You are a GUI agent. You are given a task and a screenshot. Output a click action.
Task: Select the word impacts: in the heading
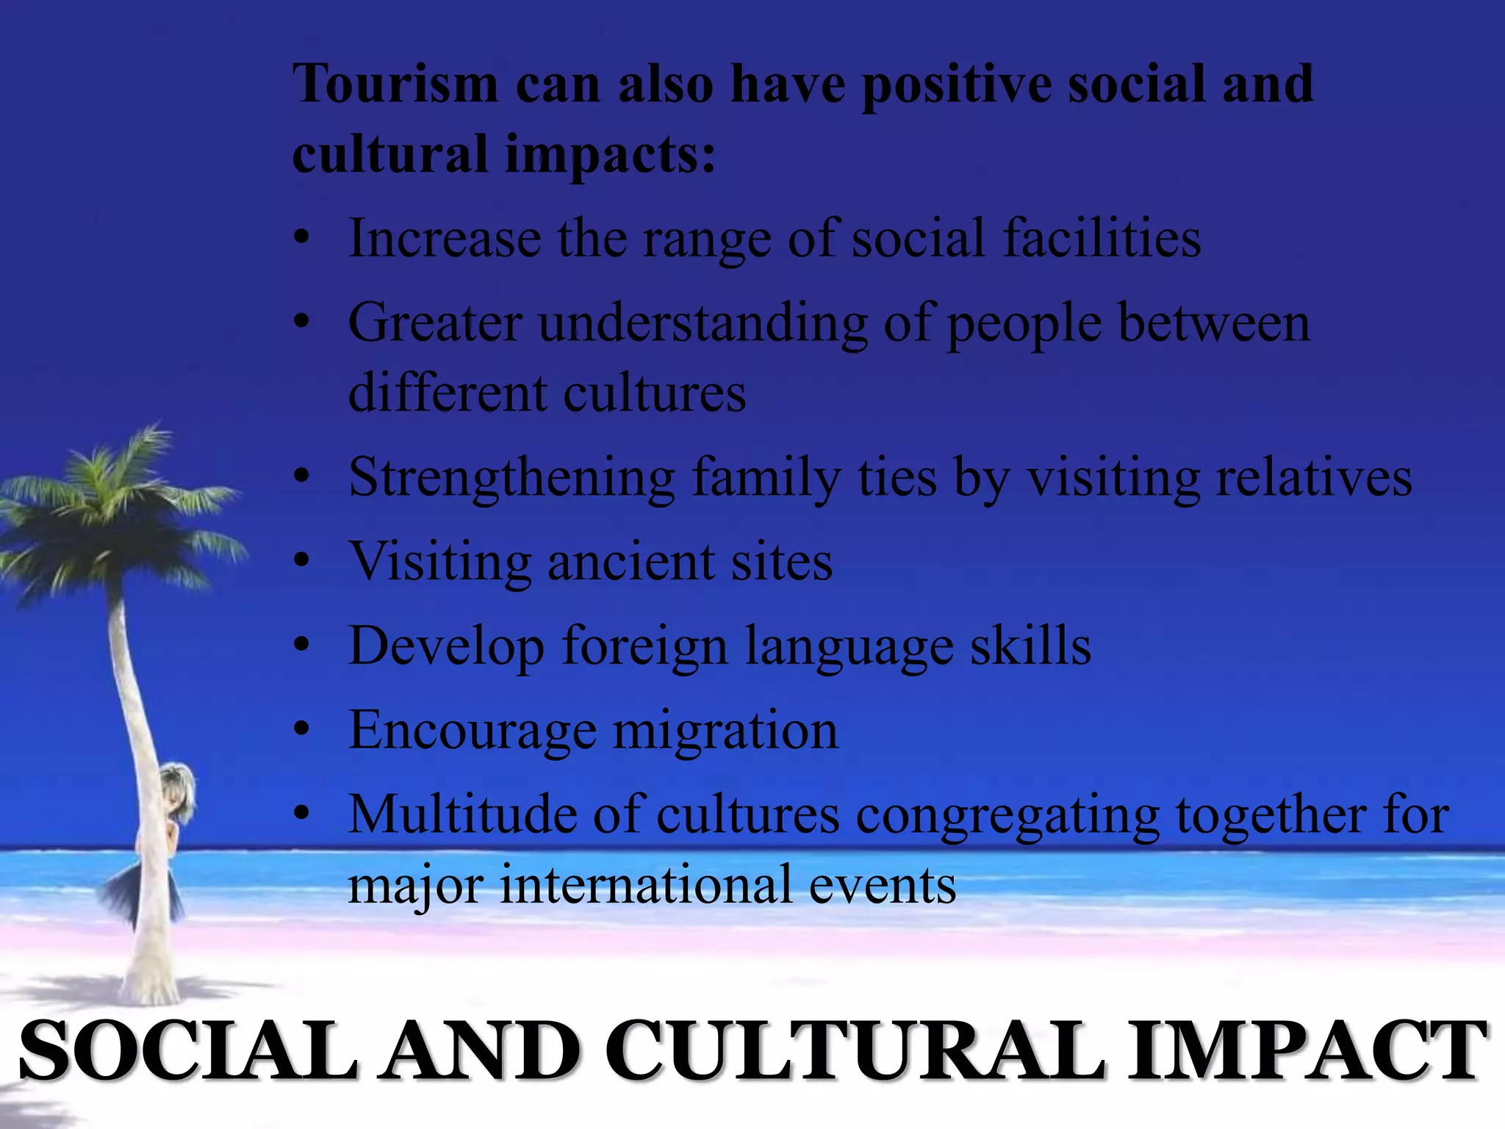610,156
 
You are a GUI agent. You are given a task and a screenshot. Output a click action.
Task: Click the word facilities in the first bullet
1102,239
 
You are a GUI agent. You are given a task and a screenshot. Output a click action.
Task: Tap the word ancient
631,562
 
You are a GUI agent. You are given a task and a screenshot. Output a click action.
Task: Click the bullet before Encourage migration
301,731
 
